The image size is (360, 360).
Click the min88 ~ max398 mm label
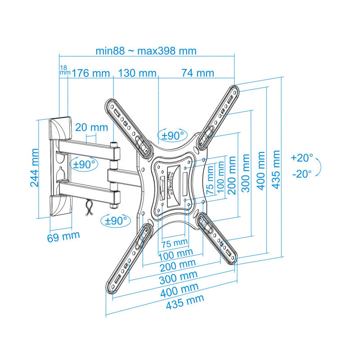click(146, 51)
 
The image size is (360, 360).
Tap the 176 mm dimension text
click(91, 73)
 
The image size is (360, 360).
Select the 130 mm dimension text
click(137, 73)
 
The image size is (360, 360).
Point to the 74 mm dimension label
click(198, 73)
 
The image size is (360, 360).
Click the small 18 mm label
click(65, 70)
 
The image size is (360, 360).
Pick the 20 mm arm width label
click(92, 127)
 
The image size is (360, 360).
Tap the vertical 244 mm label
click(35, 167)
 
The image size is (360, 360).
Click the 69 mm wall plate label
click(63, 236)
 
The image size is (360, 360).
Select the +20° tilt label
click(302, 158)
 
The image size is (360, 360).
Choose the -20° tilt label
click(302, 174)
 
